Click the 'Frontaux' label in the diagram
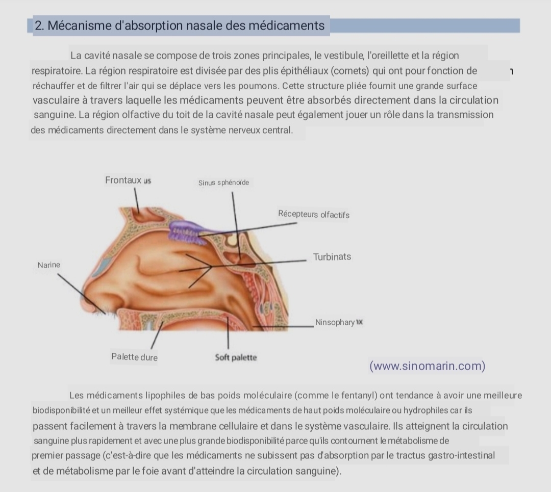(123, 180)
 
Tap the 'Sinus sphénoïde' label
(223, 183)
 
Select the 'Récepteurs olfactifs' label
(314, 214)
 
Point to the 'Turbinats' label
(332, 257)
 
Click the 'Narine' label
(49, 265)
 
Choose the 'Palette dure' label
(135, 357)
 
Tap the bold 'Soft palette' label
(236, 357)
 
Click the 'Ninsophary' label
(335, 322)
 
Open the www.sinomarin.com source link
(428, 366)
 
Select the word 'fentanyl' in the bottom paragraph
(360, 396)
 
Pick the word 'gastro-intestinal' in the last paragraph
(461, 455)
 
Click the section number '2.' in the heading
(39, 25)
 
